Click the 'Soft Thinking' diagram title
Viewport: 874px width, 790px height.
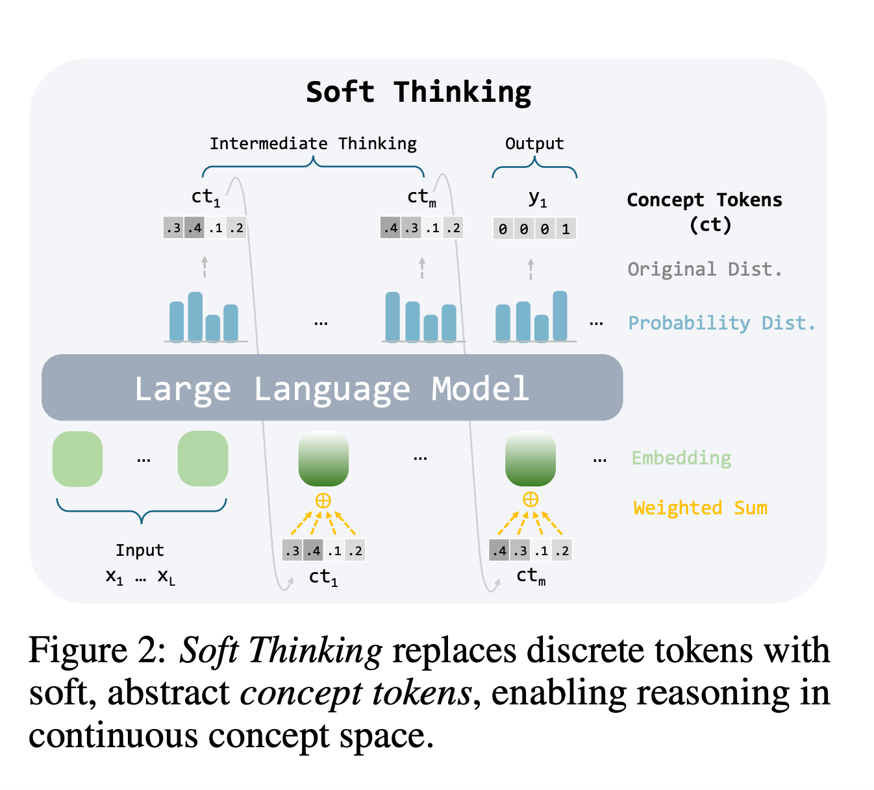(418, 92)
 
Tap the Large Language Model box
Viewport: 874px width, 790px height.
(332, 387)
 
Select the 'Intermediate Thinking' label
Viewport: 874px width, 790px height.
(313, 143)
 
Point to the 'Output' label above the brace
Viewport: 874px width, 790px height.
(534, 143)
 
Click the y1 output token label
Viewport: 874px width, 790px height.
(538, 198)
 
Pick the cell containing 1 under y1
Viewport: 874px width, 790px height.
(566, 228)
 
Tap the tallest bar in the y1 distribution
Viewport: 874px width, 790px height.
(560, 316)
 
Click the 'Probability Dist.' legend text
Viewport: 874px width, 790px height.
(721, 323)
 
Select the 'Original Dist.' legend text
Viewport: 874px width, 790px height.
(705, 269)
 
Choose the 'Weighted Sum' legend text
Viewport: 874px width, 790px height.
(700, 508)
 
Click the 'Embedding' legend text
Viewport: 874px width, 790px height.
(681, 459)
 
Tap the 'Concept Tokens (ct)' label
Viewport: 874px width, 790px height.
(705, 212)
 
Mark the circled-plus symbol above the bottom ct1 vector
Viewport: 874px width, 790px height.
(323, 501)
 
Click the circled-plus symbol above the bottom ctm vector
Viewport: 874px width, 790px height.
(531, 499)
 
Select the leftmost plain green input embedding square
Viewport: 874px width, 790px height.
(77, 459)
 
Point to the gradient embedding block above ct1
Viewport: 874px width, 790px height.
(323, 459)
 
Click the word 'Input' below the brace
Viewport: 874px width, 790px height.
(140, 551)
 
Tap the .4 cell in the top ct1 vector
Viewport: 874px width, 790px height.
(194, 228)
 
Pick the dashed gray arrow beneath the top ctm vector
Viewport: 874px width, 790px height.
(422, 268)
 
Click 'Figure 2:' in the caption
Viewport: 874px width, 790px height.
(97, 651)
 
